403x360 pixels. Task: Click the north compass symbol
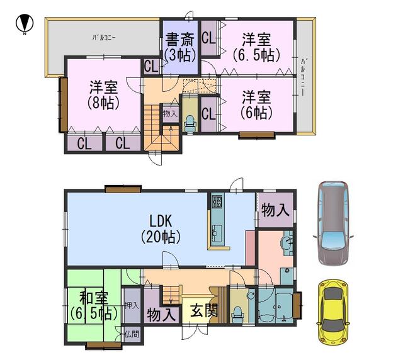pyautogui.click(x=24, y=25)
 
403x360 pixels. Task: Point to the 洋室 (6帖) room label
pyautogui.click(x=256, y=104)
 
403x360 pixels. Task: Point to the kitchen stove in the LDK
pyautogui.click(x=217, y=202)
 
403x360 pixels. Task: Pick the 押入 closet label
pyautogui.click(x=132, y=305)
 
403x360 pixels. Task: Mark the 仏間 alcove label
pyautogui.click(x=132, y=334)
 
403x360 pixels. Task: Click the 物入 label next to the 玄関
pyautogui.click(x=161, y=313)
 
